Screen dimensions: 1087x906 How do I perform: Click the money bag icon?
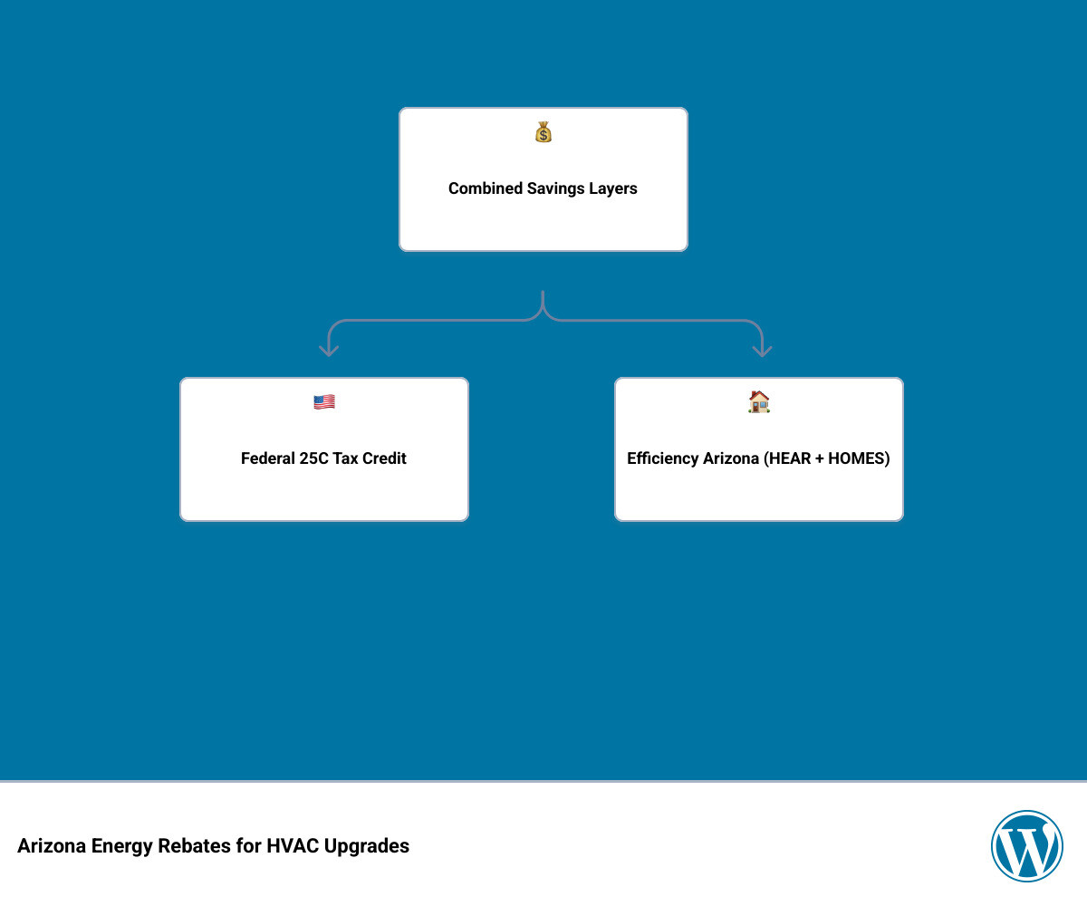[543, 131]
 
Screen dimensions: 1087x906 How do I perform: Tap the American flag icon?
[323, 402]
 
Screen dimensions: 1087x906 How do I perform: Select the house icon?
[758, 401]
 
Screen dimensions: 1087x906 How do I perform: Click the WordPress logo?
[1026, 845]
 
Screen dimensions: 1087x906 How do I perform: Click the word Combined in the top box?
[486, 188]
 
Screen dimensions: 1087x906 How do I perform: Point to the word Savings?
[555, 188]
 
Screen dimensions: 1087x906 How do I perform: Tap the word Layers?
[612, 188]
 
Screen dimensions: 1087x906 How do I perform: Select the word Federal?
[267, 458]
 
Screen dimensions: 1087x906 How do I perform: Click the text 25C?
[313, 458]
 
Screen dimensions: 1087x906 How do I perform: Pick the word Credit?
[384, 458]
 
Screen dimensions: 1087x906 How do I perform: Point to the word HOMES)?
[859, 458]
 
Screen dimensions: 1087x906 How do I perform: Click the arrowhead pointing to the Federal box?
[329, 352]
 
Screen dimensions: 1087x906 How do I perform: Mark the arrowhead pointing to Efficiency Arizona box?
[762, 352]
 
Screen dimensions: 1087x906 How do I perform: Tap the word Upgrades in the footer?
[367, 846]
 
